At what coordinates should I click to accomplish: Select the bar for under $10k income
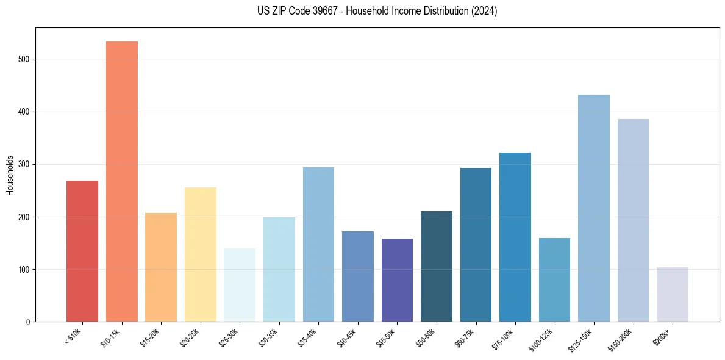click(x=82, y=251)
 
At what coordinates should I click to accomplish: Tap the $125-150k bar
click(x=594, y=208)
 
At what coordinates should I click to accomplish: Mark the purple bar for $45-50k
click(x=397, y=280)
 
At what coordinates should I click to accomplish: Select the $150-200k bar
click(x=633, y=220)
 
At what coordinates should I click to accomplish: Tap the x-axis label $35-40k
click(x=310, y=337)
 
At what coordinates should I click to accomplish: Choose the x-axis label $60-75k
click(x=467, y=337)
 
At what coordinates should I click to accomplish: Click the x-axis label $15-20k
click(x=152, y=337)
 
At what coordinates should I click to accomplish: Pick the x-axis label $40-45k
click(x=349, y=337)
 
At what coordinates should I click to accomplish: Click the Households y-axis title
click(x=10, y=175)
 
